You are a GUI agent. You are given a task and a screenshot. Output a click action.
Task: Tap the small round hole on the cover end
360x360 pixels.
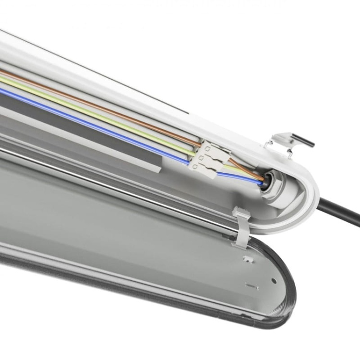pos(274,280)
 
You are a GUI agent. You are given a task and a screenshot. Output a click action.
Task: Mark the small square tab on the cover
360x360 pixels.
pos(247,259)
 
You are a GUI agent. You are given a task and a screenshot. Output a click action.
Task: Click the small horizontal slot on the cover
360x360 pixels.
pos(252,287)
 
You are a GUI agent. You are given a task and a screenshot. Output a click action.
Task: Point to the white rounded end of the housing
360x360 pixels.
pos(307,192)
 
